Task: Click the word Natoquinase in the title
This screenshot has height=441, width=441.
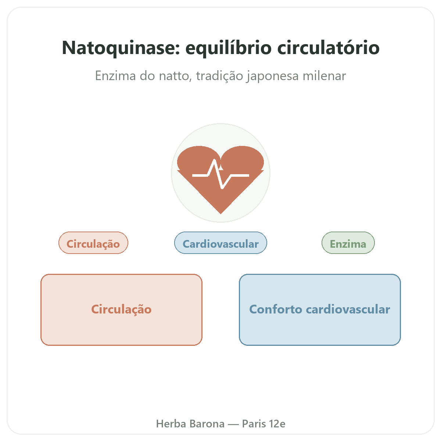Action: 121,48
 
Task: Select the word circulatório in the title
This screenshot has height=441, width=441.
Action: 329,47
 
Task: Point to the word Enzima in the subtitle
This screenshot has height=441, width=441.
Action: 115,76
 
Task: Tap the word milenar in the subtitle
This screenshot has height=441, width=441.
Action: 324,76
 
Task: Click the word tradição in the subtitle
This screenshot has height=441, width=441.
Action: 219,76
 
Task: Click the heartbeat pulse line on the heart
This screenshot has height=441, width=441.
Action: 220,174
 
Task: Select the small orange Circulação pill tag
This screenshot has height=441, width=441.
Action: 93,243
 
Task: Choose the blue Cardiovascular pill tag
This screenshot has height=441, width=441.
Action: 220,243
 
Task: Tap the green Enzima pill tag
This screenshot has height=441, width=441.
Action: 348,243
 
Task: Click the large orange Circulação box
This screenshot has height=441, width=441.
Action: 121,310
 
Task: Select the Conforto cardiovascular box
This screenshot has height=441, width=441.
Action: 320,310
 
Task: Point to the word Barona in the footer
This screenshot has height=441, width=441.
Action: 207,424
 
